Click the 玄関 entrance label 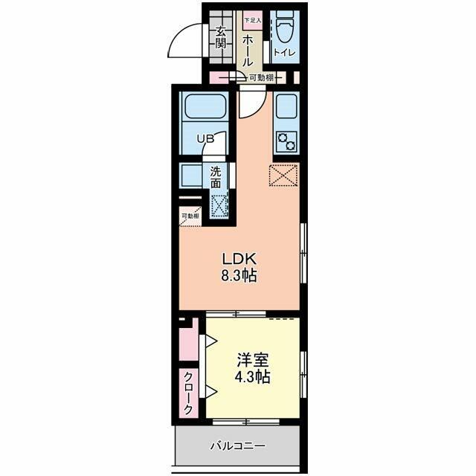pos(221,37)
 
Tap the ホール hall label pos(248,48)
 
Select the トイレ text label pos(283,52)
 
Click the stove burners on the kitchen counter pos(286,138)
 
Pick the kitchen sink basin pos(286,109)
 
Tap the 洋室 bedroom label pos(252,359)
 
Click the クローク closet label pos(189,393)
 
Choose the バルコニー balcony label pos(237,446)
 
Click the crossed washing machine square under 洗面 pos(219,206)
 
